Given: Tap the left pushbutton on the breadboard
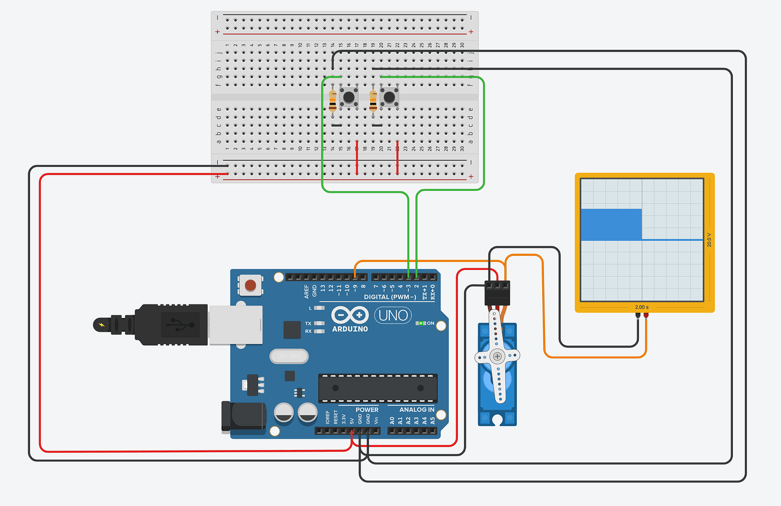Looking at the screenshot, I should pyautogui.click(x=349, y=97).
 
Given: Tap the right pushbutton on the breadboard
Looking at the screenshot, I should pyautogui.click(x=389, y=97).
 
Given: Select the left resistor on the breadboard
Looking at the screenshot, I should pyautogui.click(x=333, y=100).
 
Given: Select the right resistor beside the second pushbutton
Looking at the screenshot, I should pyautogui.click(x=373, y=100).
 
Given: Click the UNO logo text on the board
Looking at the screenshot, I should pyautogui.click(x=393, y=315).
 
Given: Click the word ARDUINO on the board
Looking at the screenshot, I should pyautogui.click(x=350, y=329).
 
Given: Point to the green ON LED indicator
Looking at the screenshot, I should pyautogui.click(x=420, y=323).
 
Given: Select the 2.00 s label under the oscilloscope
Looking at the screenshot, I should pyautogui.click(x=641, y=307).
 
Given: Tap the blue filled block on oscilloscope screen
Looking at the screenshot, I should pyautogui.click(x=611, y=224).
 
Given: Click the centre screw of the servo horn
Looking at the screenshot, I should pyautogui.click(x=497, y=356).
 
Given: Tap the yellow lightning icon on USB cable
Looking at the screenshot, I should pyautogui.click(x=102, y=325).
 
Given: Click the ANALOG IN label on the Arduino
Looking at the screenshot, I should pyautogui.click(x=417, y=410).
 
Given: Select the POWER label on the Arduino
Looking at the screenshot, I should pyautogui.click(x=367, y=410).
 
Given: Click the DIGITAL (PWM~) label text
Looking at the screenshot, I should pyautogui.click(x=390, y=297).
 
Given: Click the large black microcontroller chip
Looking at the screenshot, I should pyautogui.click(x=377, y=388).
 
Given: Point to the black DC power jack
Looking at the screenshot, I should pyautogui.click(x=243, y=417).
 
